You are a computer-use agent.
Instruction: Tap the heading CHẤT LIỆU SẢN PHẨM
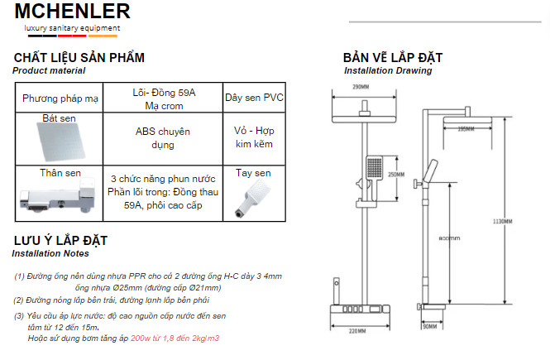[x=79, y=58]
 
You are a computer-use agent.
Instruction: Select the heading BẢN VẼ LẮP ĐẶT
[x=392, y=58]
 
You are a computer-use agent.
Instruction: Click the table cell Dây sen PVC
[x=254, y=98]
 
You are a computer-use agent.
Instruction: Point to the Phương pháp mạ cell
[x=60, y=98]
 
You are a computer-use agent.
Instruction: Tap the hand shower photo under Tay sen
[x=251, y=198]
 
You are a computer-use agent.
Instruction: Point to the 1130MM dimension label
[x=502, y=221]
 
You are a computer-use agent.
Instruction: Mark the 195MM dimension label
[x=466, y=129]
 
